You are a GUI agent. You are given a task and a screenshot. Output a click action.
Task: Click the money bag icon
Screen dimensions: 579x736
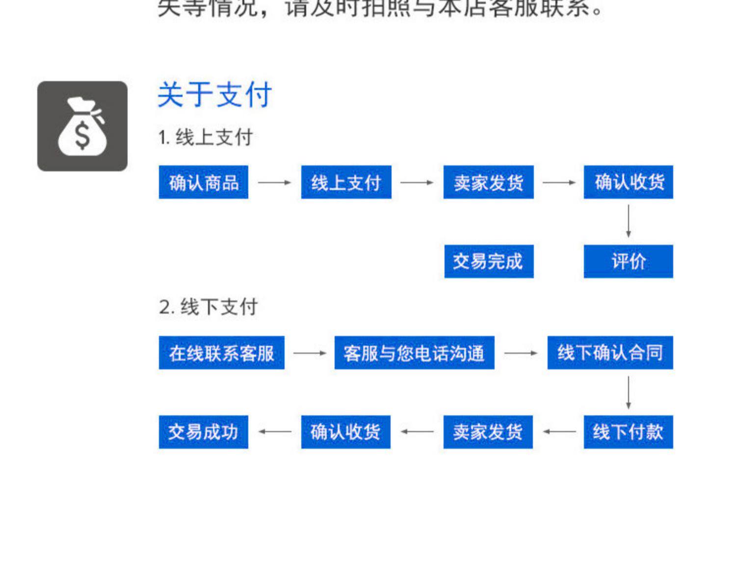(x=82, y=126)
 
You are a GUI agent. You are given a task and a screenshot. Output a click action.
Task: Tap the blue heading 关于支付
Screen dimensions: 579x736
(x=214, y=95)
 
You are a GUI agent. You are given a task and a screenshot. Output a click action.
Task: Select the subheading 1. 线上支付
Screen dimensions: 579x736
(x=206, y=138)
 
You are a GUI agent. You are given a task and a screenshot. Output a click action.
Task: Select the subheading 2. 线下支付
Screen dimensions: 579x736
(x=209, y=307)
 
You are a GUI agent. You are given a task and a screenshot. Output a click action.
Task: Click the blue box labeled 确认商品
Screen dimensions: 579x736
(x=204, y=182)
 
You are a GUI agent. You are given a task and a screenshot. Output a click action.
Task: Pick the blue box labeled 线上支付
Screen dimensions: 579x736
(x=346, y=182)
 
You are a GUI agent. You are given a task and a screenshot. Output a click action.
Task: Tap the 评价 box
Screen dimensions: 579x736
(x=628, y=261)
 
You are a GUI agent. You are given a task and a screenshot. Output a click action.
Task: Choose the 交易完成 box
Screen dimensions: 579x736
(x=489, y=261)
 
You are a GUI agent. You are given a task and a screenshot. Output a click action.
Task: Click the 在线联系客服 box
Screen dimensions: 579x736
(x=221, y=352)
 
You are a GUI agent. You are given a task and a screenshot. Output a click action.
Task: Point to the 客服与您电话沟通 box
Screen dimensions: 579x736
(x=414, y=352)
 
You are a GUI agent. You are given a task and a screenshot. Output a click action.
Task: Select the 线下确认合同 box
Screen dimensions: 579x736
(x=610, y=352)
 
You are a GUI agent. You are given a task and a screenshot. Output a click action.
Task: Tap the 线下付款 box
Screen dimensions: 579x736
(x=628, y=432)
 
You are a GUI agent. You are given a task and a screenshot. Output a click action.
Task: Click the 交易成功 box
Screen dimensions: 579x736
(x=204, y=432)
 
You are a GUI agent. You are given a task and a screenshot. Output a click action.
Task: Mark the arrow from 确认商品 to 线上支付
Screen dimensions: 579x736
(x=274, y=182)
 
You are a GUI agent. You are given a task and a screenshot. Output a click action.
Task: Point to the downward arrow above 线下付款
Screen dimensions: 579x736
(x=628, y=392)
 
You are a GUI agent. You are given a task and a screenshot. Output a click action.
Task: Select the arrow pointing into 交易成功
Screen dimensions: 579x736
(x=275, y=432)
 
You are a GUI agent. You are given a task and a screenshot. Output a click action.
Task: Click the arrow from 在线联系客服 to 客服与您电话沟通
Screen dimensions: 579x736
(x=309, y=352)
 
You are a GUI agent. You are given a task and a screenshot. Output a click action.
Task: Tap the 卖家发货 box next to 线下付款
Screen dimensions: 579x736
(x=488, y=432)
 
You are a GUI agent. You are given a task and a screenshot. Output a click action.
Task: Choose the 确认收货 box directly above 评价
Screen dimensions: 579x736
(x=628, y=182)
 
